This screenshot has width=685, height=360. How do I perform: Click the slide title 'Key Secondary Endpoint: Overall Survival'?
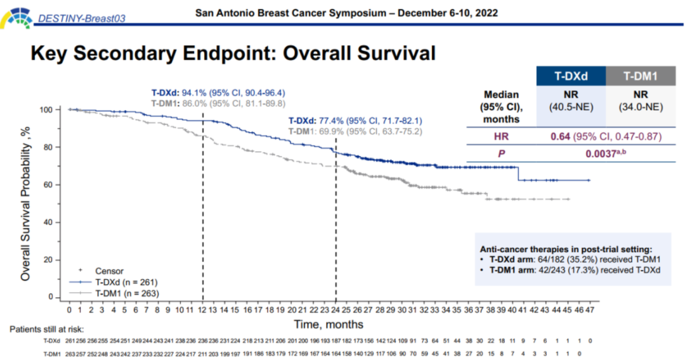click(233, 54)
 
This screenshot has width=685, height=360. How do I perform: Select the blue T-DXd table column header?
click(571, 77)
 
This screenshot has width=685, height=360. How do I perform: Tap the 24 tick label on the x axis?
click(336, 311)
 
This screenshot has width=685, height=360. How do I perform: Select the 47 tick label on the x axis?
click(590, 311)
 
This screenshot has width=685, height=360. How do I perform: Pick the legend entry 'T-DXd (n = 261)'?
click(126, 282)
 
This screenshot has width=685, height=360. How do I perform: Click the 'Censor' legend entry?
click(109, 271)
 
